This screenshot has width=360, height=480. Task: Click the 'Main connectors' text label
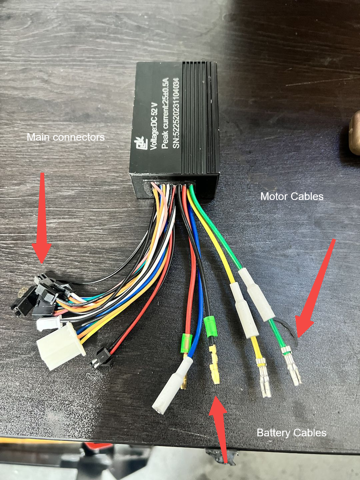click(66, 137)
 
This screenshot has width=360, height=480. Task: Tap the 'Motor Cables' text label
click(292, 196)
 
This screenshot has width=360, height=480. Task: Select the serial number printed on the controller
click(176, 113)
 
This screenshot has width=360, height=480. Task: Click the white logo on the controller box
click(140, 143)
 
